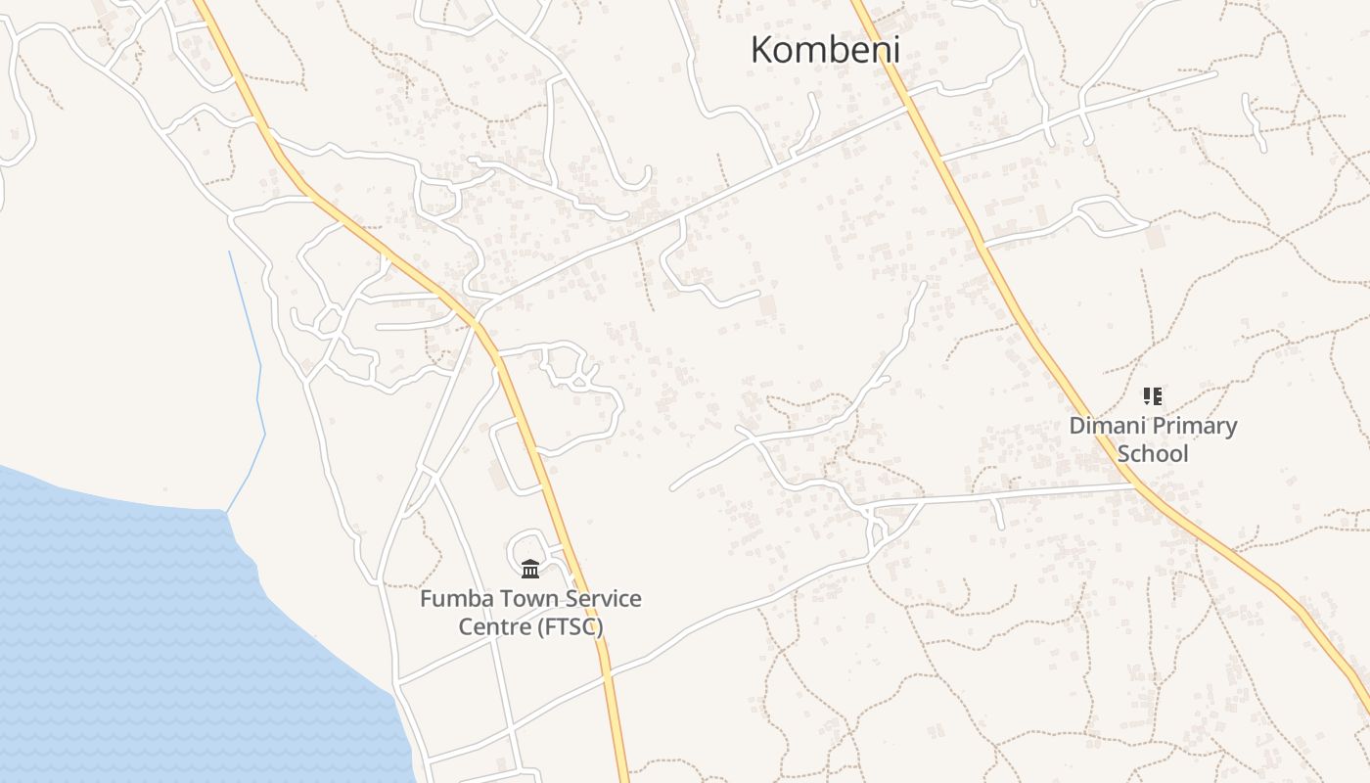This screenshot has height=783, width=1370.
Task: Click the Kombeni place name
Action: coord(825,50)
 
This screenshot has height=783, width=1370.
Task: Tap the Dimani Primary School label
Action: coord(1153,439)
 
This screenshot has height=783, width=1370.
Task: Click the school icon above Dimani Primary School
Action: coord(1153,396)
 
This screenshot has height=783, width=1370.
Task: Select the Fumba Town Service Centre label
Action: coord(530,612)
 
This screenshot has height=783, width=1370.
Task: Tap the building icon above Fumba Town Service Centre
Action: coord(530,569)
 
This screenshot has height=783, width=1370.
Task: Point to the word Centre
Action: coord(494,626)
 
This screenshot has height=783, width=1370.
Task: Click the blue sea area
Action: coord(147,636)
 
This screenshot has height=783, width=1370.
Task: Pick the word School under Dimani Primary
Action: coord(1153,453)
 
